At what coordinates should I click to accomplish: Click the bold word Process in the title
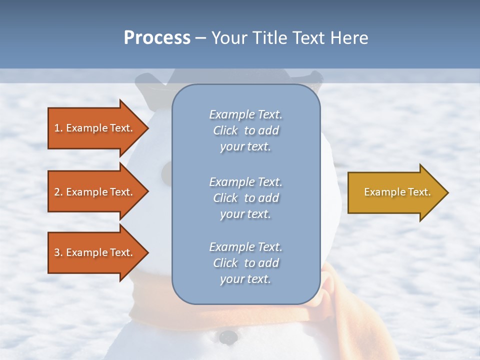click(157, 38)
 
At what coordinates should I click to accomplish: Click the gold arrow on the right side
click(395, 192)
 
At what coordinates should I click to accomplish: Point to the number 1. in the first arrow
click(58, 128)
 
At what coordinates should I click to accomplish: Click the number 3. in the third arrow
click(58, 253)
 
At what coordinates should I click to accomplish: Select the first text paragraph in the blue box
click(245, 130)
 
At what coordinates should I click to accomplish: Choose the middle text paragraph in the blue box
click(245, 198)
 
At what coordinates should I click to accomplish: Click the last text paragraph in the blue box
click(245, 263)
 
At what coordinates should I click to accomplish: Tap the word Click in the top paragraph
click(225, 131)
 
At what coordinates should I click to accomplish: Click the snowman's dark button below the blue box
click(228, 337)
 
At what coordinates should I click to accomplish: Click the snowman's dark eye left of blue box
click(166, 172)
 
